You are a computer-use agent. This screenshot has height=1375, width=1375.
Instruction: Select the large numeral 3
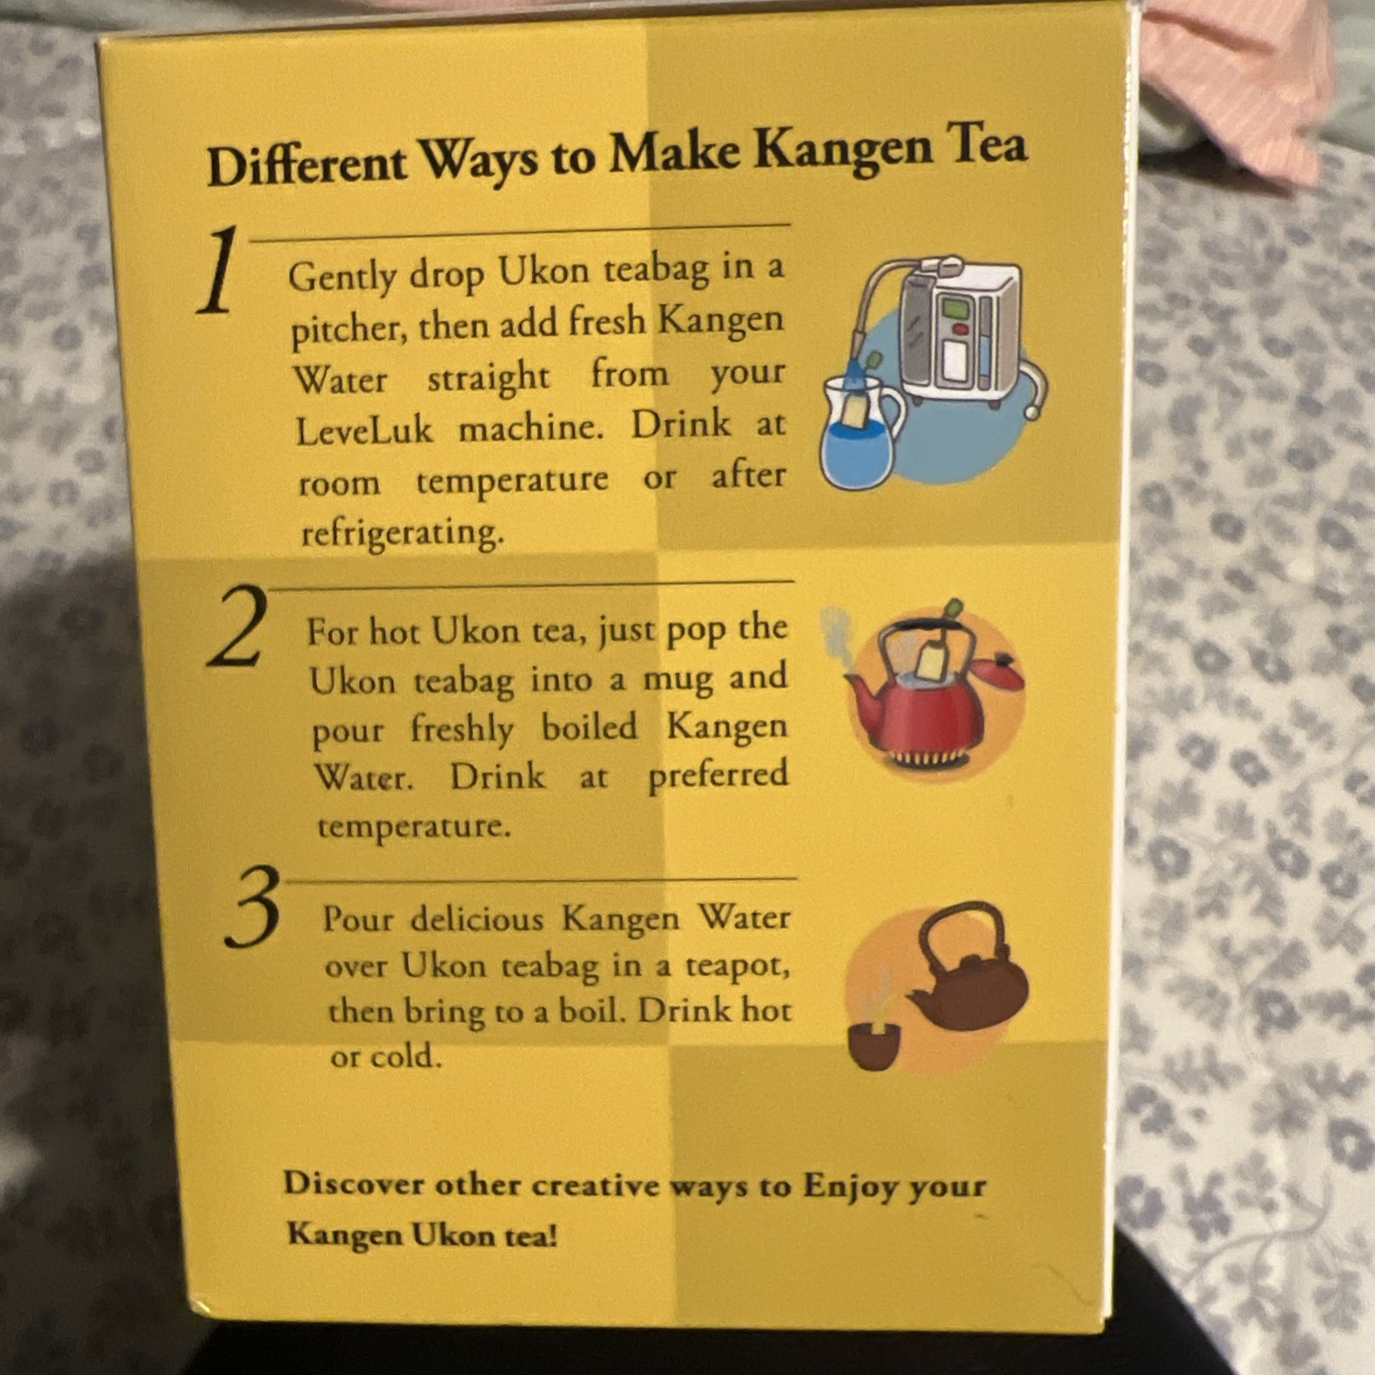pos(252,907)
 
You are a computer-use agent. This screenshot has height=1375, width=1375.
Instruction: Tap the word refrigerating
pos(402,533)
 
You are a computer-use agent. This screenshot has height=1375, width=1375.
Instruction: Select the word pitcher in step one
pos(345,329)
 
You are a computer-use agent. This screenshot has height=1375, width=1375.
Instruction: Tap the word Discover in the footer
pos(352,1183)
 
